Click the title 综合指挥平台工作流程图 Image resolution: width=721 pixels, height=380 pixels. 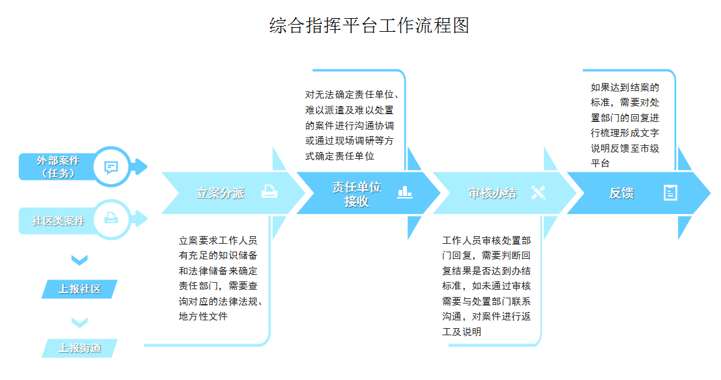point(369,26)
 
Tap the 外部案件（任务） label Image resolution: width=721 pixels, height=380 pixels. point(58,167)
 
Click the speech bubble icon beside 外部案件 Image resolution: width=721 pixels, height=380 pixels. point(111,167)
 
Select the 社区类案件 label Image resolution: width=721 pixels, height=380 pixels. point(58,221)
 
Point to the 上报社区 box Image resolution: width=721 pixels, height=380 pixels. point(80,289)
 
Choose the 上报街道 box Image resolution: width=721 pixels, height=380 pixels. point(80,348)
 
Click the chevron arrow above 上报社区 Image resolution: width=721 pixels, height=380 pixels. point(80,260)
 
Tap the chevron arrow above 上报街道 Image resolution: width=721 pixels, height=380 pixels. point(80,322)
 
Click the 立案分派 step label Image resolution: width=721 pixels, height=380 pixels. point(220,193)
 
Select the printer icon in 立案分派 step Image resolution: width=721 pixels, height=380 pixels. point(269,191)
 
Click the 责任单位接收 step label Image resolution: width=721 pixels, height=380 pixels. point(356,194)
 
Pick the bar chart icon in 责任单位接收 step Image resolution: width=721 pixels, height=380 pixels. point(405,192)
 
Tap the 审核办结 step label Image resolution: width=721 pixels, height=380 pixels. point(492,193)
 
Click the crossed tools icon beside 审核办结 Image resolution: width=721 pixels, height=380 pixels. point(538,192)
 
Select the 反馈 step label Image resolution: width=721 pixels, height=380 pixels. point(621,193)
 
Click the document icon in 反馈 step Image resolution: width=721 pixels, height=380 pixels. point(670,193)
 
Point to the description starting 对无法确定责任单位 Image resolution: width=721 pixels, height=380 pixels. point(352,125)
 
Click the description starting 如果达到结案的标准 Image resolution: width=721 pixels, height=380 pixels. point(625,125)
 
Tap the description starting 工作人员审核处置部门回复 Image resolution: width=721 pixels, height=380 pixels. point(487,286)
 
